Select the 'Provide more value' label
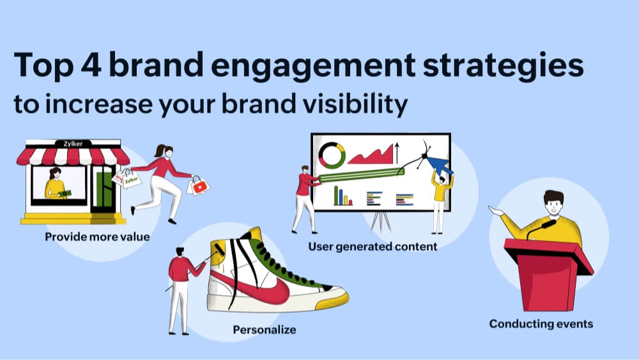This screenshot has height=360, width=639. [x=97, y=237]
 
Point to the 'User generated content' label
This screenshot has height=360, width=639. [x=373, y=246]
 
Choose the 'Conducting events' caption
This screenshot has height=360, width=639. [x=541, y=324]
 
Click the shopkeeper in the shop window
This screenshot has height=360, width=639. [x=56, y=185]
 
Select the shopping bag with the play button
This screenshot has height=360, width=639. [x=199, y=186]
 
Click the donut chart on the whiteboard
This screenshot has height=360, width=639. [x=332, y=154]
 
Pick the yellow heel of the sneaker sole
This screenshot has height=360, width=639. [x=337, y=298]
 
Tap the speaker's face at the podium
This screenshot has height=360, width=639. [x=553, y=206]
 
